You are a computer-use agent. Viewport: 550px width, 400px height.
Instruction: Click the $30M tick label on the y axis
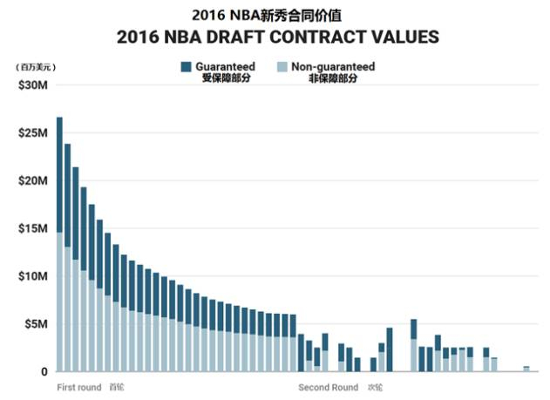pos(31,85)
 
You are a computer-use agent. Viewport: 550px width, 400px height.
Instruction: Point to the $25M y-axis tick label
pos(31,133)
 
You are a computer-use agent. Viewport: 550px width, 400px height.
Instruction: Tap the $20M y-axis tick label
pos(31,181)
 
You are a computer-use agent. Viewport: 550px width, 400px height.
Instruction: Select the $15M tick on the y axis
pos(31,229)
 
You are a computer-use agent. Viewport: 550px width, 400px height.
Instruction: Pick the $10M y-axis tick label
pos(31,276)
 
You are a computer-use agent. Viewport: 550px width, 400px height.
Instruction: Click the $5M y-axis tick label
pos(34,324)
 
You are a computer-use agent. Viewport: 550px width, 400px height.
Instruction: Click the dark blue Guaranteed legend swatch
pos(186,67)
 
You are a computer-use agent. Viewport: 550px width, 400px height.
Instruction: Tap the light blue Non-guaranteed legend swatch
pos(282,67)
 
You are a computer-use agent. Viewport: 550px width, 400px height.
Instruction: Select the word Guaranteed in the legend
pos(225,66)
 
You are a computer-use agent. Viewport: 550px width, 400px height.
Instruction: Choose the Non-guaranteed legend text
pos(333,66)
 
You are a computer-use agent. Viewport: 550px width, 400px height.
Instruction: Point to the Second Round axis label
pos(328,387)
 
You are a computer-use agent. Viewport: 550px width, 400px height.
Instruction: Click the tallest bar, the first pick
pos(59,244)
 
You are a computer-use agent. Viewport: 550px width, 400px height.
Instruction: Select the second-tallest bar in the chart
pos(68,257)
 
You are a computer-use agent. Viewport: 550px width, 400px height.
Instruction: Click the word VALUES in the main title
pos(404,37)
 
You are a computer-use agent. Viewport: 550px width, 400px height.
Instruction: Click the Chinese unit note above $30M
pos(35,66)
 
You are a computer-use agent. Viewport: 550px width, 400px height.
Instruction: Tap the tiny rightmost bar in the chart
pos(526,369)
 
